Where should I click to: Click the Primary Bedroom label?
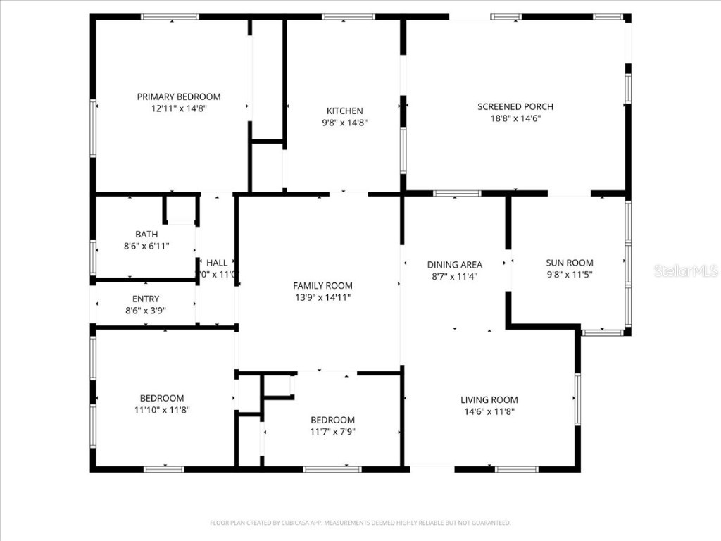pos(178,97)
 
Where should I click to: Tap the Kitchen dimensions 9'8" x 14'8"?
pos(344,123)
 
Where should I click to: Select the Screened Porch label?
pos(515,106)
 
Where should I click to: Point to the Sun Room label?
pos(570,263)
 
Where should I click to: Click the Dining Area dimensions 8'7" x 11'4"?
pos(454,277)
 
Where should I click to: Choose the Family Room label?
pos(322,285)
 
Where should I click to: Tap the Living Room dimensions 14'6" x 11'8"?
pos(489,411)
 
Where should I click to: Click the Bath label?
pos(146,234)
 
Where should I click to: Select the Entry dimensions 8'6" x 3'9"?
pos(146,310)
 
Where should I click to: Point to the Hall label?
pos(217,263)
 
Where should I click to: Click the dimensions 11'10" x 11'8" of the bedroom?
pos(161,409)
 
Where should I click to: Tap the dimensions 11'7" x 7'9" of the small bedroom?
pos(332,432)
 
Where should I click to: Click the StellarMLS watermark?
pos(685,270)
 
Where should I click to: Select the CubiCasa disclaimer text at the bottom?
pos(360,523)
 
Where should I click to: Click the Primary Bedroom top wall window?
pos(170,17)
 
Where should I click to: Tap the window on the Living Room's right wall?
pos(577,399)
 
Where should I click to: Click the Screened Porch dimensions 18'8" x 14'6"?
pos(515,118)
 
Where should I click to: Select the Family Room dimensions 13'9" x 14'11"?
pos(322,297)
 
